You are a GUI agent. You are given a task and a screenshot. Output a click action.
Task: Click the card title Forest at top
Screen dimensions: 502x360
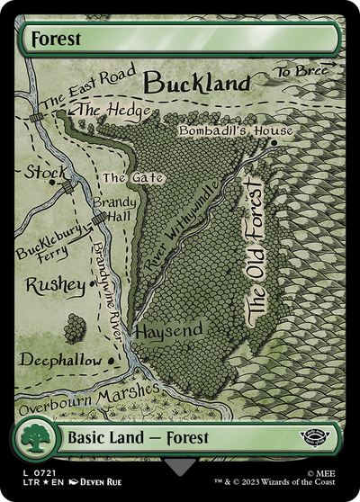(56, 40)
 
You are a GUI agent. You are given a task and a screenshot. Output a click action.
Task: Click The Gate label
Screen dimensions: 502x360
(132, 178)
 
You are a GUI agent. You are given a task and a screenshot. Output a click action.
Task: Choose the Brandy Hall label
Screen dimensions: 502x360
(112, 210)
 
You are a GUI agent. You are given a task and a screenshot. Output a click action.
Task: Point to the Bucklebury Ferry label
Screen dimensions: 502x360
(53, 244)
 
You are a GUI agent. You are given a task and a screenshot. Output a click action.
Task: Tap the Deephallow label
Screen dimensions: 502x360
(62, 358)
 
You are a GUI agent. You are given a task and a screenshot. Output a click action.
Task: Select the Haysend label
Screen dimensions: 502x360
(167, 332)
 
